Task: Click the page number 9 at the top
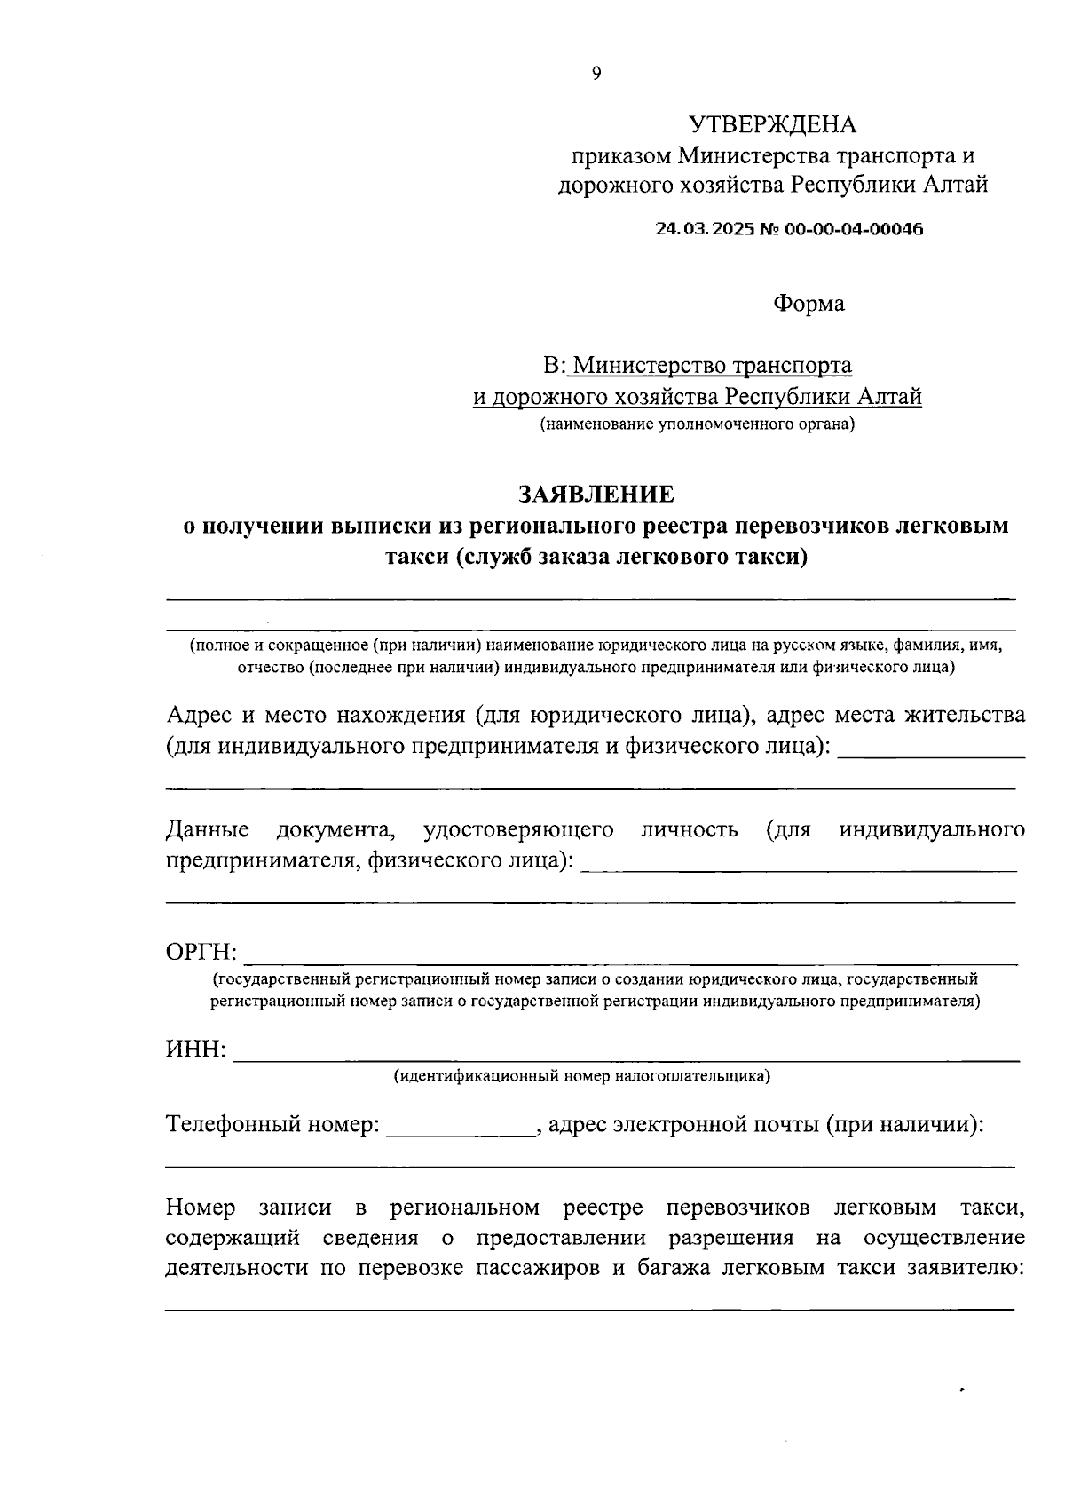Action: coord(596,74)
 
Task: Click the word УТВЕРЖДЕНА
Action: coord(772,124)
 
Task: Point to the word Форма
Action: coord(809,304)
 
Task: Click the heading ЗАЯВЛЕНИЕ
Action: coord(596,494)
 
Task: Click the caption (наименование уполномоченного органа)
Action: coord(698,424)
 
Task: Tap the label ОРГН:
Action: coord(201,953)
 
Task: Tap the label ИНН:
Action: coord(196,1050)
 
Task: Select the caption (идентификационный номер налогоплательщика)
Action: coord(582,1076)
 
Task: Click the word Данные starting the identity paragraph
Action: coord(208,830)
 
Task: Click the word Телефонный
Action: coord(233,1125)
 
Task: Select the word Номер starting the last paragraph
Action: coord(201,1208)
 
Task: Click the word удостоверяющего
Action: coord(518,830)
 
